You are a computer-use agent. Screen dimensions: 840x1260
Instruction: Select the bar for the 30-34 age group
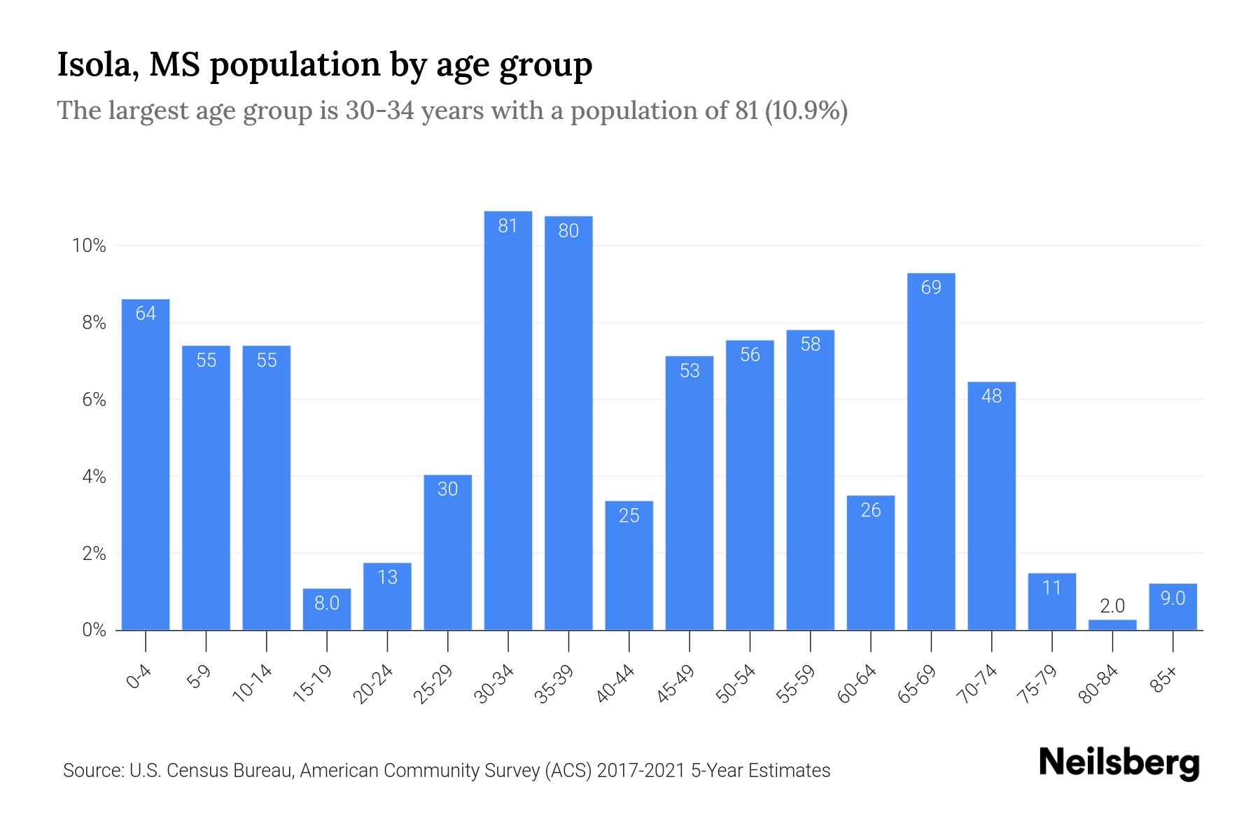[508, 420]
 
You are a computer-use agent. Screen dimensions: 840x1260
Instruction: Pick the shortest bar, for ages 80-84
[1112, 624]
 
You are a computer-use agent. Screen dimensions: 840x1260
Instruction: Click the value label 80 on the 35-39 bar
[568, 231]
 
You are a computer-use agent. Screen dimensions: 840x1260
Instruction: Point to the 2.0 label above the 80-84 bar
[1112, 606]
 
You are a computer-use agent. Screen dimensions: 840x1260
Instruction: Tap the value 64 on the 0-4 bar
[146, 314]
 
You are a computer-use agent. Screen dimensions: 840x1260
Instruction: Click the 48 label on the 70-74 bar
[991, 396]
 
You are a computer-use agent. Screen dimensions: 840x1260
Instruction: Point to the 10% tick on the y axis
[89, 246]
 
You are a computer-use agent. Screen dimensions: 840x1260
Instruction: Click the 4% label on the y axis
[94, 477]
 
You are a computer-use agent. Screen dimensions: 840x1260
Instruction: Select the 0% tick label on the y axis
[94, 630]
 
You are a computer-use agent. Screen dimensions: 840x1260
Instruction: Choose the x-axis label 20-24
[374, 684]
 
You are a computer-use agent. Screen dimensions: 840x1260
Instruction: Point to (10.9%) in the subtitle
[806, 111]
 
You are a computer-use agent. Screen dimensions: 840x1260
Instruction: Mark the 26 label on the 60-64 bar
[871, 510]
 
